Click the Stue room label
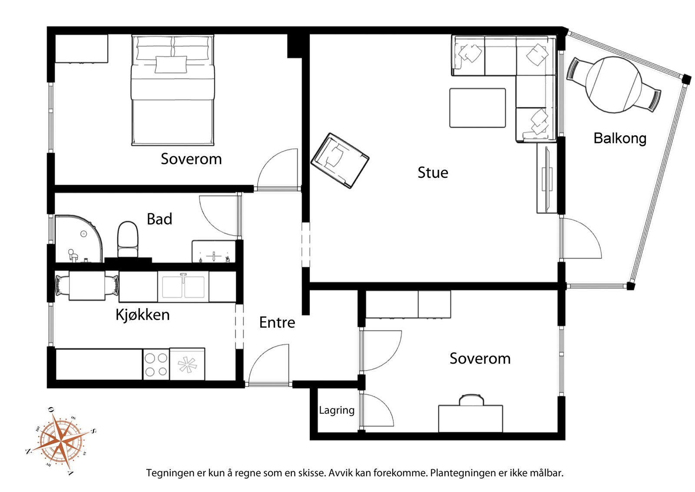tap(433, 173)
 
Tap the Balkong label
tap(620, 139)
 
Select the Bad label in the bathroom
tap(159, 219)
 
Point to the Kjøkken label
tap(143, 315)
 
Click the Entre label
tap(277, 322)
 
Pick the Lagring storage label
tap(337, 410)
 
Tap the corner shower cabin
tap(79, 239)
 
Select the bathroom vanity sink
tap(214, 251)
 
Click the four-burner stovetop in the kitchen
tap(156, 364)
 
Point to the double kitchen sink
tap(183, 287)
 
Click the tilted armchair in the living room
tap(340, 161)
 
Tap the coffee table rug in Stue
tap(477, 108)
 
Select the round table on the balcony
tap(614, 85)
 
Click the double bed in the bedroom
tap(173, 90)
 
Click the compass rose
tap(62, 441)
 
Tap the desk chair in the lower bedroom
tap(471, 400)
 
